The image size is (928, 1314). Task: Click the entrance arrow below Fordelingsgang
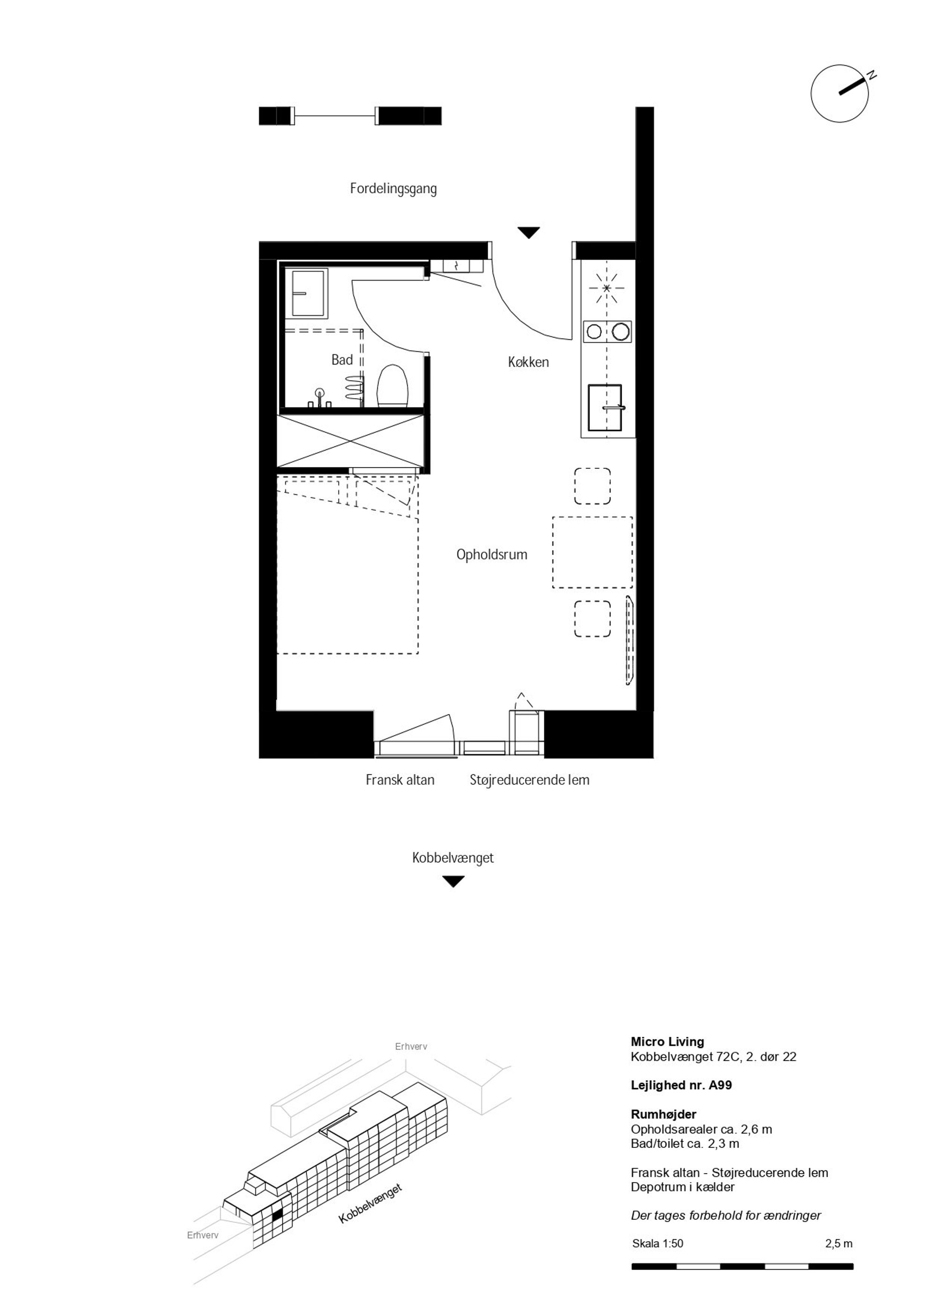pyautogui.click(x=529, y=233)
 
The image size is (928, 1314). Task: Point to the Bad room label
pyautogui.click(x=342, y=360)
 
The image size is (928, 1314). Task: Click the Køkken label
pyautogui.click(x=529, y=362)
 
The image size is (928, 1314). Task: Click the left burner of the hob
pyautogui.click(x=594, y=331)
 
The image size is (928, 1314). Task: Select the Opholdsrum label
pyautogui.click(x=492, y=555)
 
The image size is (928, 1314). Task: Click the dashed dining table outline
pyautogui.click(x=593, y=552)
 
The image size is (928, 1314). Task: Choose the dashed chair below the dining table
pyautogui.click(x=593, y=619)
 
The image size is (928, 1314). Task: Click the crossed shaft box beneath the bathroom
pyautogui.click(x=351, y=441)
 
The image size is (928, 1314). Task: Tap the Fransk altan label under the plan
pyautogui.click(x=400, y=780)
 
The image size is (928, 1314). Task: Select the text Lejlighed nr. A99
pyautogui.click(x=681, y=1085)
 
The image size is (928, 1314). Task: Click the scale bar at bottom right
pyautogui.click(x=742, y=1266)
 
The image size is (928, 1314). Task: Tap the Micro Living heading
pyautogui.click(x=667, y=1042)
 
